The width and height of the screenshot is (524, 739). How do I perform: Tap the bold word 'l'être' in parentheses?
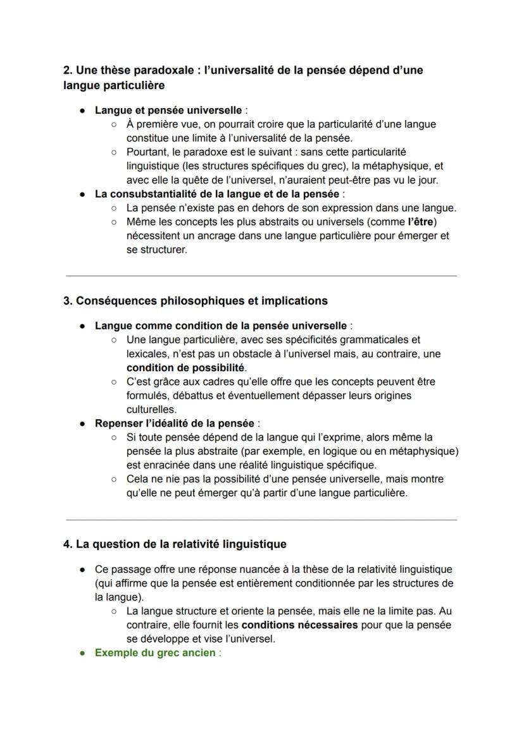pos(422,222)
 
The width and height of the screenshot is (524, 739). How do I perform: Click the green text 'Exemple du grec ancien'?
pos(155,652)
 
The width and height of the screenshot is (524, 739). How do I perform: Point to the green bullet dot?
pos(83,652)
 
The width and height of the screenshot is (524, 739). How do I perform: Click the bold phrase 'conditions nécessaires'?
pos(299,625)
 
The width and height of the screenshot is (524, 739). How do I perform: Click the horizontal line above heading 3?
pos(261,276)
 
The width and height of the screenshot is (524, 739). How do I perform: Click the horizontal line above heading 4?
pos(261,520)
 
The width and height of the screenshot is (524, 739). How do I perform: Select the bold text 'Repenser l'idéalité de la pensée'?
pos(174,423)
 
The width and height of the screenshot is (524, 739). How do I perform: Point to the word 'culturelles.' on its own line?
pos(151,409)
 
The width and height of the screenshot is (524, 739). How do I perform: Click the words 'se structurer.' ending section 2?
pos(156,250)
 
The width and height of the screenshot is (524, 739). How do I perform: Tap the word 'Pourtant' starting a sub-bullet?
pos(147,152)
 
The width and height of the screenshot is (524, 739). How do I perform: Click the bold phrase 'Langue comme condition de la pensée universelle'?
pos(220,326)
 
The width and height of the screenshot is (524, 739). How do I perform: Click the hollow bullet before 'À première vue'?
pos(114,125)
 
